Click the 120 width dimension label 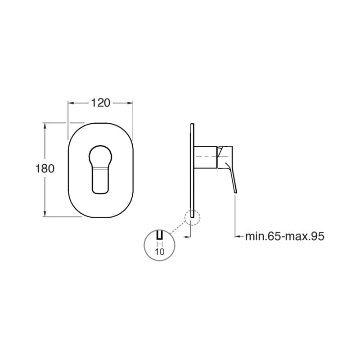100,103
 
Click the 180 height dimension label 45,169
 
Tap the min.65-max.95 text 285,236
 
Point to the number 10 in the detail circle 160,252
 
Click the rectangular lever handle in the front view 100,180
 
